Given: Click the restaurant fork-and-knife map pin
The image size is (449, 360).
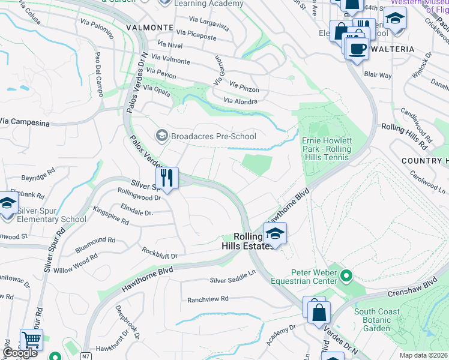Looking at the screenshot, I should pyautogui.click(x=167, y=178).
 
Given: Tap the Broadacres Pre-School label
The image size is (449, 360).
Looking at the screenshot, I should pyautogui.click(x=214, y=136).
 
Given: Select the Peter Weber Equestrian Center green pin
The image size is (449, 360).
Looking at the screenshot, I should pyautogui.click(x=345, y=276).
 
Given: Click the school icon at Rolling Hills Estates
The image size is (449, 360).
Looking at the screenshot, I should pyautogui.click(x=275, y=234).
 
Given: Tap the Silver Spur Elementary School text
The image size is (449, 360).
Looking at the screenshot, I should pyautogui.click(x=51, y=214).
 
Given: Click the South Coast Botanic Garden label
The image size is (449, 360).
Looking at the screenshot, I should pyautogui.click(x=381, y=320).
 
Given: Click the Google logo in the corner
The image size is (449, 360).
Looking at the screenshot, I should pyautogui.click(x=20, y=353).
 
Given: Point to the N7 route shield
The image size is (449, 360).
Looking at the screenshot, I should pyautogui.click(x=86, y=356).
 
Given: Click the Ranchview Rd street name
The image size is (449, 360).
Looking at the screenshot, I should pyautogui.click(x=208, y=299).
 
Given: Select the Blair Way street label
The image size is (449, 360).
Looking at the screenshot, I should pyautogui.click(x=378, y=76).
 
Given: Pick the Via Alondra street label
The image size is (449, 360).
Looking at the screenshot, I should pyautogui.click(x=240, y=101).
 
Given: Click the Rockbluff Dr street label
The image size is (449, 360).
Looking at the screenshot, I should pyautogui.click(x=159, y=253).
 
